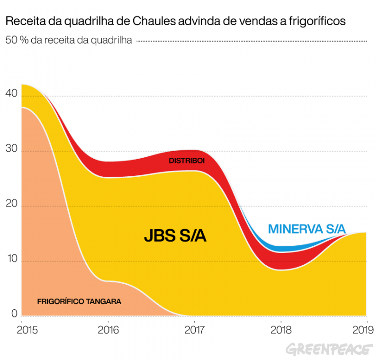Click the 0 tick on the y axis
click(14, 314)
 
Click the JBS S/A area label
click(175, 235)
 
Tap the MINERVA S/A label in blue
click(307, 229)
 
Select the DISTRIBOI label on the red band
click(187, 161)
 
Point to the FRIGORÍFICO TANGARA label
click(79, 301)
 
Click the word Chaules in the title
click(151, 21)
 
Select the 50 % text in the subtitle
click(16, 41)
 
